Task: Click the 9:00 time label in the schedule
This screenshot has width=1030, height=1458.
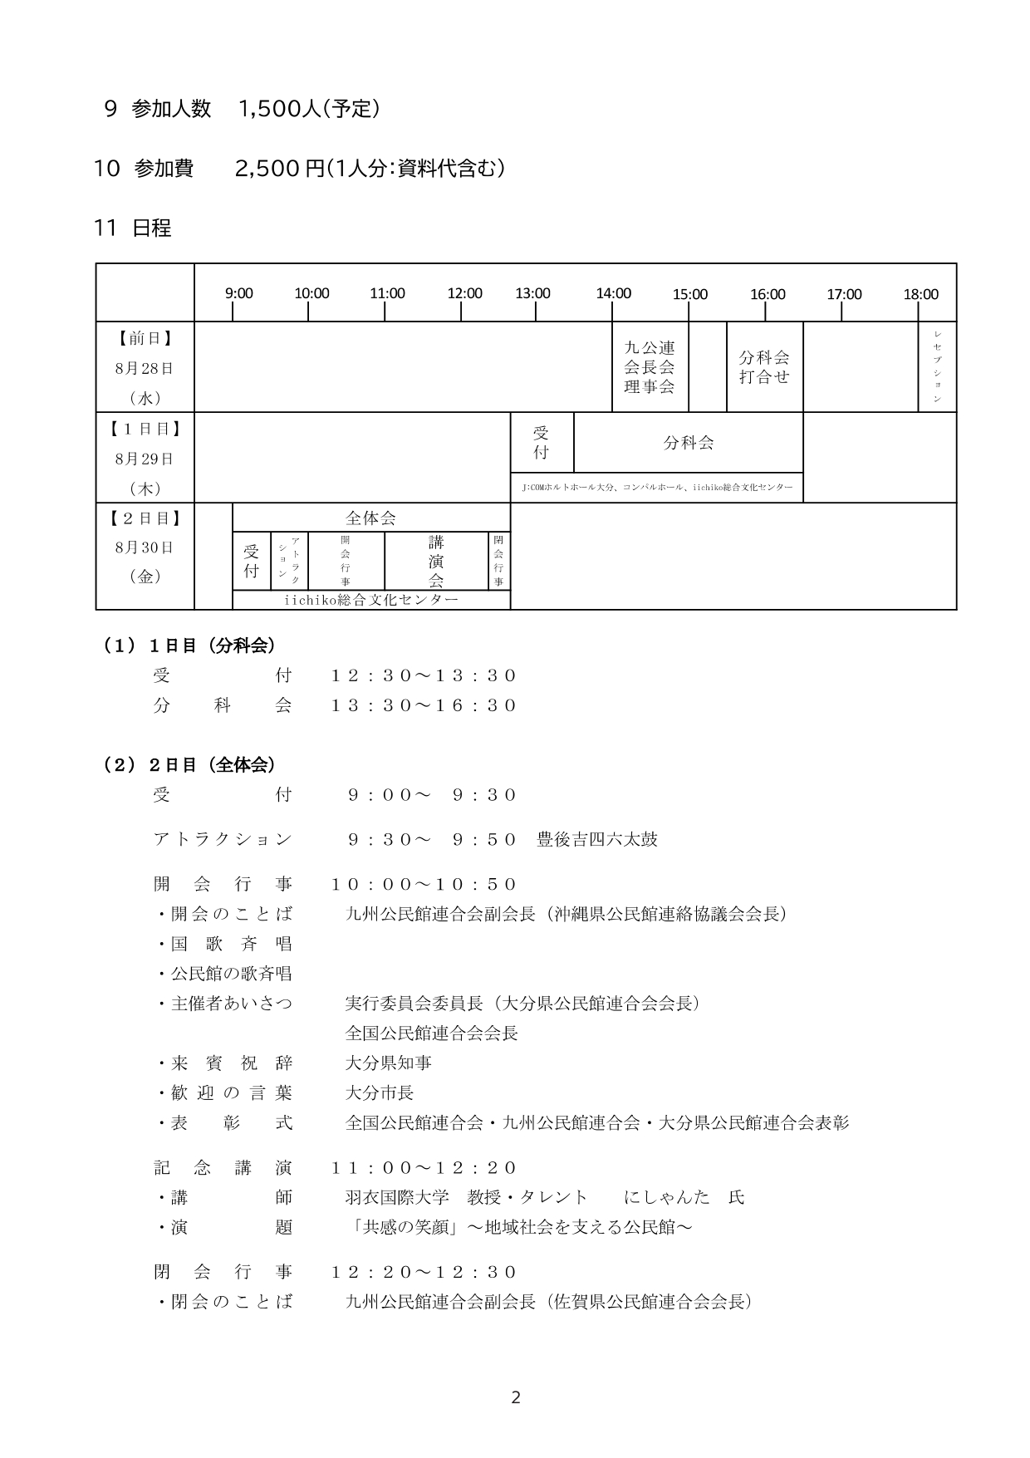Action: click(x=239, y=293)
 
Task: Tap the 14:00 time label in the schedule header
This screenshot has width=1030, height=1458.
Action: click(x=613, y=293)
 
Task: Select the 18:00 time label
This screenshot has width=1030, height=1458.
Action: click(x=920, y=294)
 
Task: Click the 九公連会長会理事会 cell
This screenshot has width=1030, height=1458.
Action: click(x=650, y=367)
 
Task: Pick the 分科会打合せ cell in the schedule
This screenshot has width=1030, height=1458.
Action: click(x=764, y=366)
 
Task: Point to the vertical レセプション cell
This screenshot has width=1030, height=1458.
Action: click(x=937, y=366)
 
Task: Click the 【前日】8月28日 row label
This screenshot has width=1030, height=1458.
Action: click(x=145, y=367)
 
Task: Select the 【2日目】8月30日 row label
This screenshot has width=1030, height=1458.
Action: click(x=145, y=547)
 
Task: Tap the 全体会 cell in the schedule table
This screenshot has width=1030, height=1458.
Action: click(x=370, y=518)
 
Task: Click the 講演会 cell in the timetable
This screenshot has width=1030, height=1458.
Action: click(x=436, y=562)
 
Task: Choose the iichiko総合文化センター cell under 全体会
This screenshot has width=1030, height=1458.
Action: click(x=370, y=600)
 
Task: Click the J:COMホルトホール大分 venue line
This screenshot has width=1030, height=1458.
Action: click(x=656, y=488)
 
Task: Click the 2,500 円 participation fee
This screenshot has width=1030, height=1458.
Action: click(x=279, y=169)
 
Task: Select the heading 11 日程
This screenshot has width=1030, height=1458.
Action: click(x=133, y=228)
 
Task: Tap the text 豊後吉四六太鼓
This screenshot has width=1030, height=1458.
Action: click(x=597, y=839)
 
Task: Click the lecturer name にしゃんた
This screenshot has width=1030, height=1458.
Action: click(x=667, y=1197)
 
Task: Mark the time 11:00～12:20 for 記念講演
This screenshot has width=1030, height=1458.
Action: click(x=424, y=1168)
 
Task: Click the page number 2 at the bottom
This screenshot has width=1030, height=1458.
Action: click(x=515, y=1398)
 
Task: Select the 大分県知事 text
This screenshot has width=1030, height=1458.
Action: click(x=389, y=1063)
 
